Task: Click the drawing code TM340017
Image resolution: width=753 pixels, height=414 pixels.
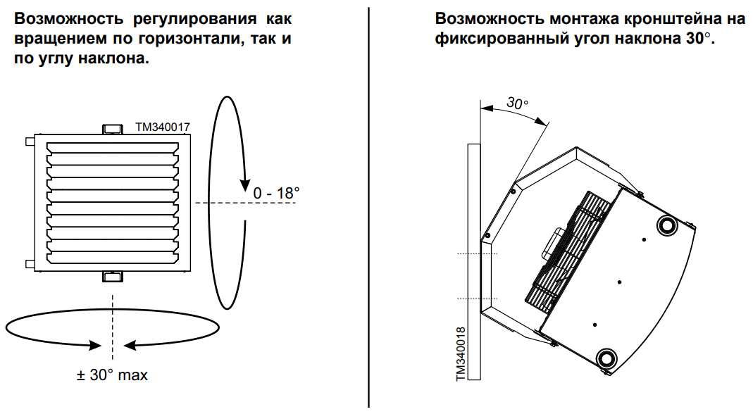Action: (163, 127)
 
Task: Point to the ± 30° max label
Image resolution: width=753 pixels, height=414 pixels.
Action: (113, 375)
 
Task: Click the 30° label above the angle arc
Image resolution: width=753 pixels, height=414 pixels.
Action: (518, 103)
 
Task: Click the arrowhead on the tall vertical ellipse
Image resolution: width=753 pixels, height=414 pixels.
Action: (243, 184)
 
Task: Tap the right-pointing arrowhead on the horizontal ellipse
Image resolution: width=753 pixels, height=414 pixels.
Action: (94, 345)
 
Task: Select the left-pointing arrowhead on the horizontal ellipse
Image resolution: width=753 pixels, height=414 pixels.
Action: (131, 345)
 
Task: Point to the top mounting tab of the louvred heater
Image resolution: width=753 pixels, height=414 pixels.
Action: (113, 129)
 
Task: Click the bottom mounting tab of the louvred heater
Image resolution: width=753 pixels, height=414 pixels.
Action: (113, 276)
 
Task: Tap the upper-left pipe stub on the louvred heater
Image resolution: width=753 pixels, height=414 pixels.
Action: (30, 142)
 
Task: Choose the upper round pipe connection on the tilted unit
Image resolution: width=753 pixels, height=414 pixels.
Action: (666, 225)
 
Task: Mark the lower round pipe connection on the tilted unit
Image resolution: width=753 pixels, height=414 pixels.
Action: (605, 357)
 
